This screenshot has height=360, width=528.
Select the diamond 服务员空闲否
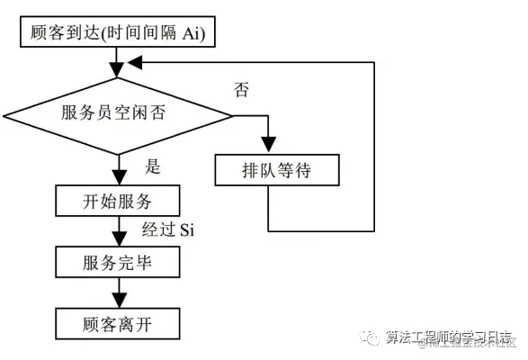118,114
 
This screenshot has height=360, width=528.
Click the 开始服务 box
118,200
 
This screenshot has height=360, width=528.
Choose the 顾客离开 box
118,322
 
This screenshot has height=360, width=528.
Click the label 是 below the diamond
153,167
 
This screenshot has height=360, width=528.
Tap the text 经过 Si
168,230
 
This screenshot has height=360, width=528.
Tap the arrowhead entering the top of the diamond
118,71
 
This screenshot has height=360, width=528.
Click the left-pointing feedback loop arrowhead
131,63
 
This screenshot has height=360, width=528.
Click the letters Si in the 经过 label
186,230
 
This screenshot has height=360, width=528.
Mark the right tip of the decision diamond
232,114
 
